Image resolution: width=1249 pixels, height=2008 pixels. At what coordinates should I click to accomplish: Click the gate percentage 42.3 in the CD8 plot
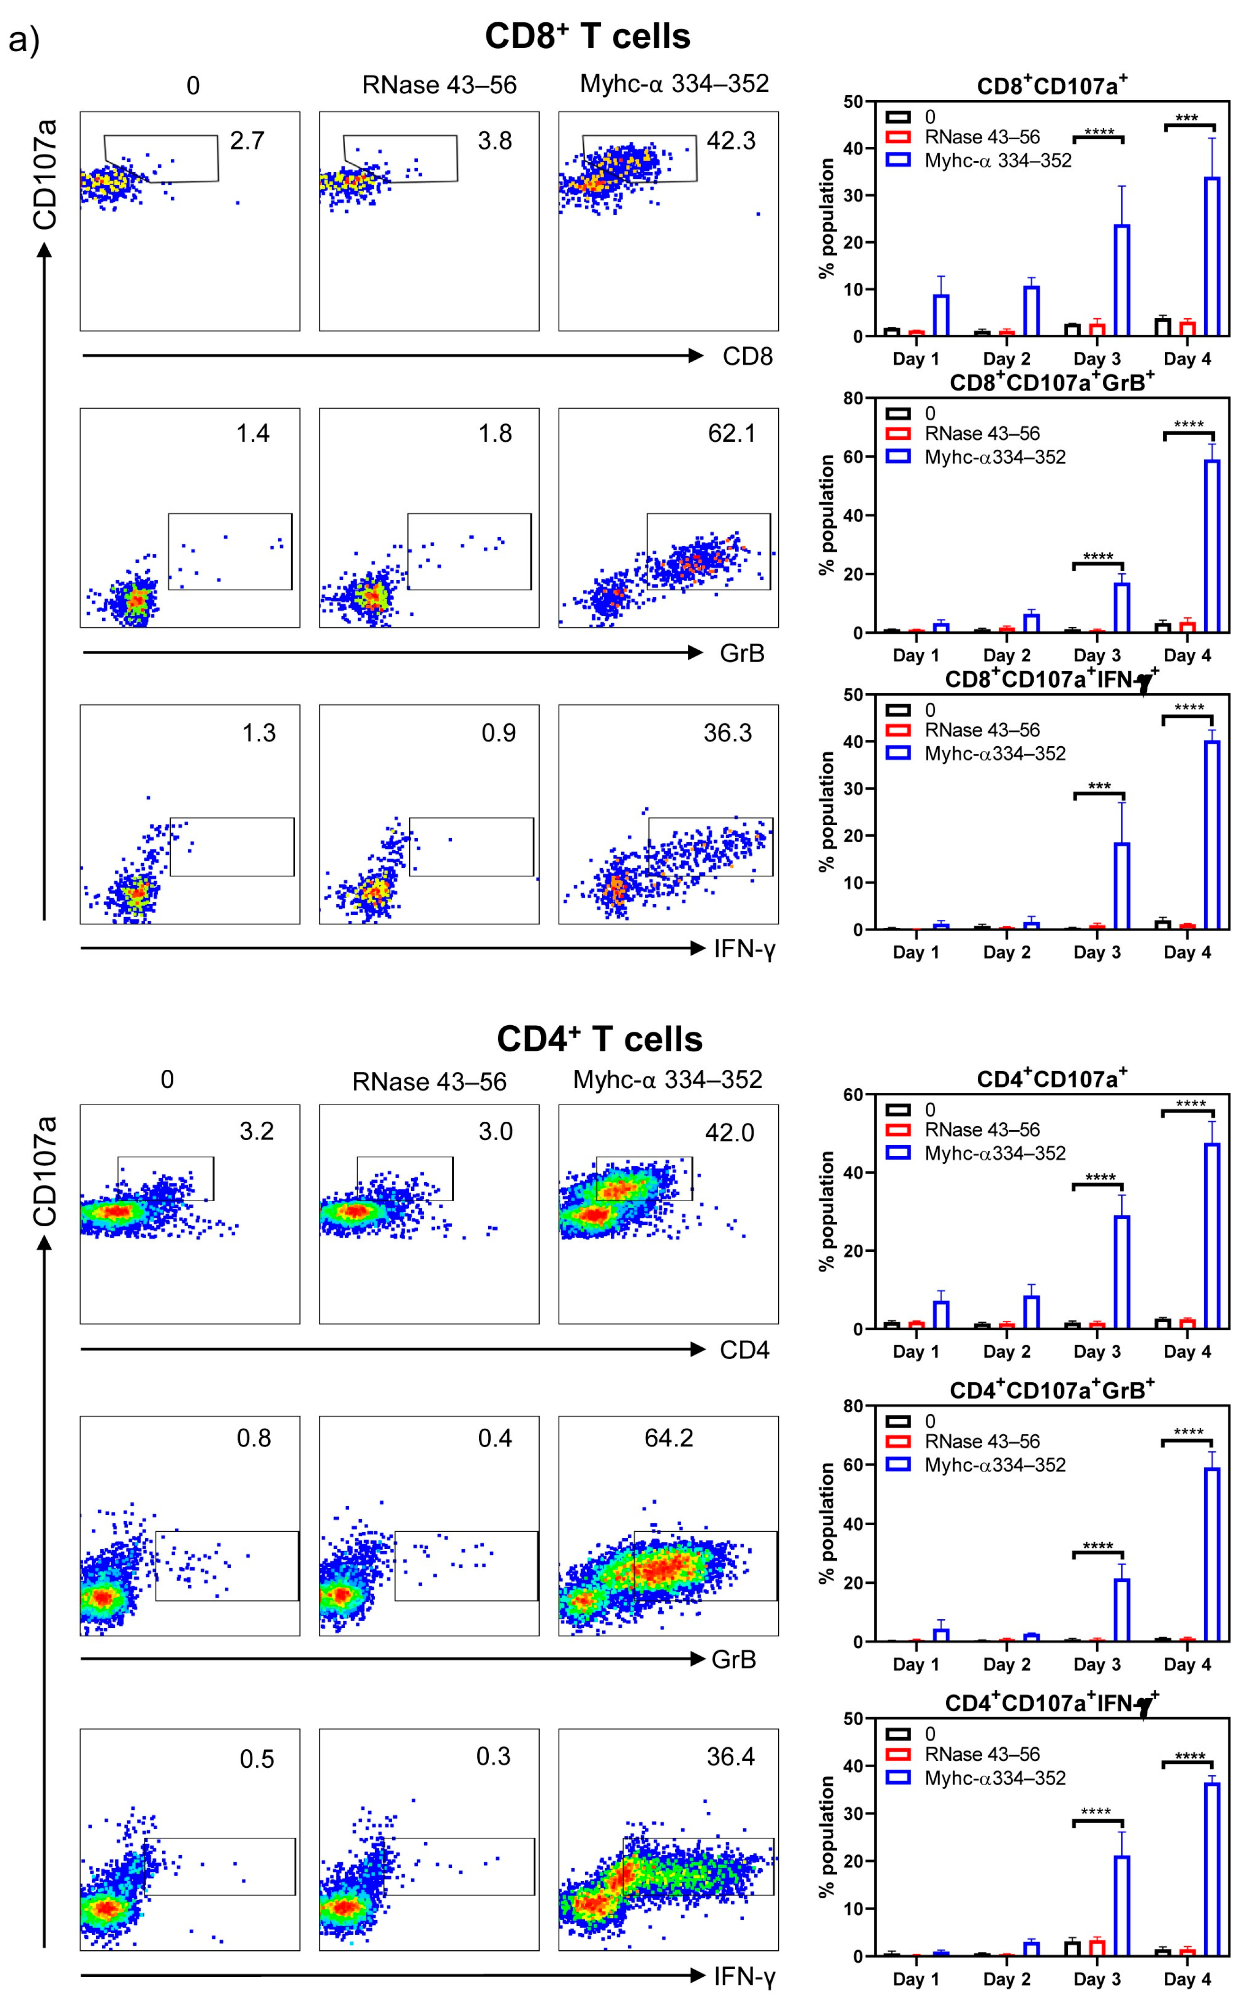tap(730, 141)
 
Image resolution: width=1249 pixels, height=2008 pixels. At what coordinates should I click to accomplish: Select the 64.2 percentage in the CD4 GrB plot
tap(668, 1438)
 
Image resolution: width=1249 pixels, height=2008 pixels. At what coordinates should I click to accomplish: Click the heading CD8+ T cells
tap(587, 36)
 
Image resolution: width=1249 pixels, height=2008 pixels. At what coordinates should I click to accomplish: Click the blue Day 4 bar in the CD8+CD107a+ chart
tap(1212, 256)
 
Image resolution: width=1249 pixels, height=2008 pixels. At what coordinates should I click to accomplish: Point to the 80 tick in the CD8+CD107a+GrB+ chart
tap(853, 399)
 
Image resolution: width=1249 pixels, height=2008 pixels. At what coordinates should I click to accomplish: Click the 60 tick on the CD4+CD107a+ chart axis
tap(853, 1095)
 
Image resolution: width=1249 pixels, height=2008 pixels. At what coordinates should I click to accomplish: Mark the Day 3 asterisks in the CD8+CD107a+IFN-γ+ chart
tap(1099, 786)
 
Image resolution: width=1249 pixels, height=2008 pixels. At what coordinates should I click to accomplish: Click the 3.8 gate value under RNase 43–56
tap(495, 141)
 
